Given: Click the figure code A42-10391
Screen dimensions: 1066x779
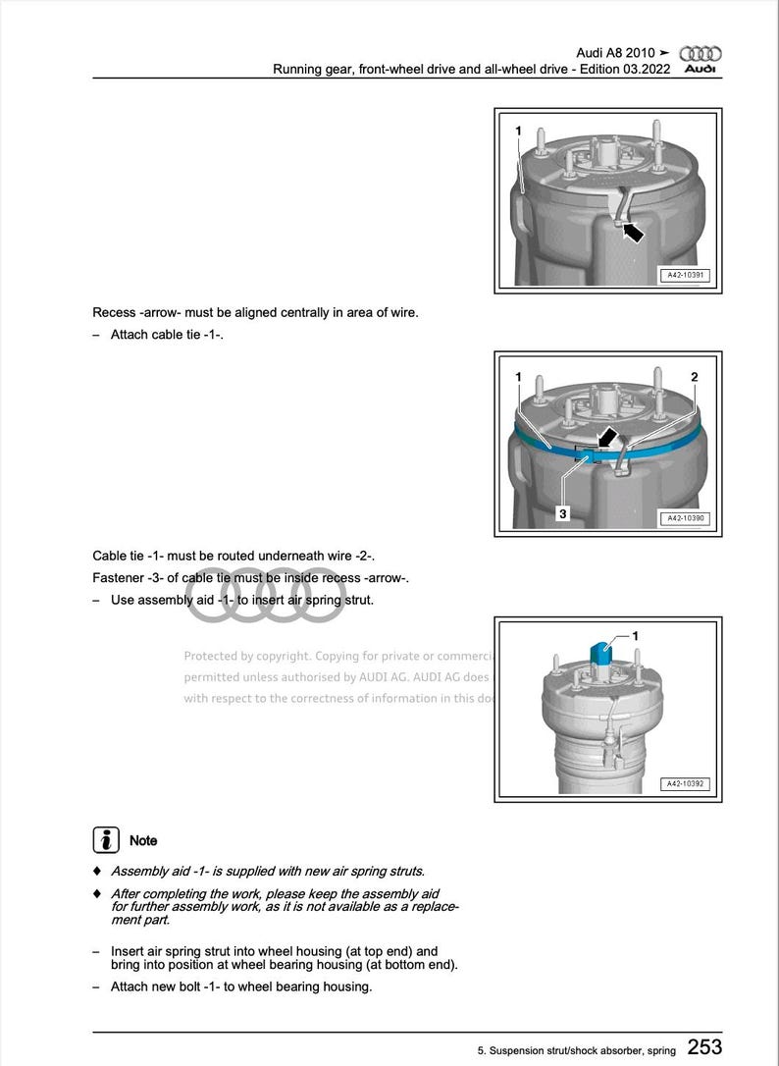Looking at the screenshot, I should pyautogui.click(x=686, y=277).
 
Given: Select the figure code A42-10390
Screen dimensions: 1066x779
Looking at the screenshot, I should pyautogui.click(x=686, y=518).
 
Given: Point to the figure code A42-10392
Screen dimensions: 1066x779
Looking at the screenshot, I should pyautogui.click(x=686, y=784).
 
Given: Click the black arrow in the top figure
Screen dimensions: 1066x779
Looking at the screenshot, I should pyautogui.click(x=633, y=233).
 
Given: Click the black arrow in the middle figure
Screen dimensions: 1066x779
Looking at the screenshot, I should pyautogui.click(x=608, y=437).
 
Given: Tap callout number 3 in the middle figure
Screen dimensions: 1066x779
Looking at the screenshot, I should pyautogui.click(x=563, y=512).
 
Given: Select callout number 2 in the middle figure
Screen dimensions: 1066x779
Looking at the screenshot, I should pyautogui.click(x=695, y=377).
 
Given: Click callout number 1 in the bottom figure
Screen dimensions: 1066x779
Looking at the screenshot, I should pyautogui.click(x=635, y=636).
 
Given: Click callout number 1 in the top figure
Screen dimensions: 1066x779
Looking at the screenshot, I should pyautogui.click(x=519, y=130).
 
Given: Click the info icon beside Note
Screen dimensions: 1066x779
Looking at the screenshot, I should pyautogui.click(x=106, y=840).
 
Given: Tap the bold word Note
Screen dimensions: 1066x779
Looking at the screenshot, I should pyautogui.click(x=143, y=841).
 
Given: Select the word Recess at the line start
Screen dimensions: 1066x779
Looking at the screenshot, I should pyautogui.click(x=114, y=313).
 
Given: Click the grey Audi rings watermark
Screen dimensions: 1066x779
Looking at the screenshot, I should pyautogui.click(x=265, y=596).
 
